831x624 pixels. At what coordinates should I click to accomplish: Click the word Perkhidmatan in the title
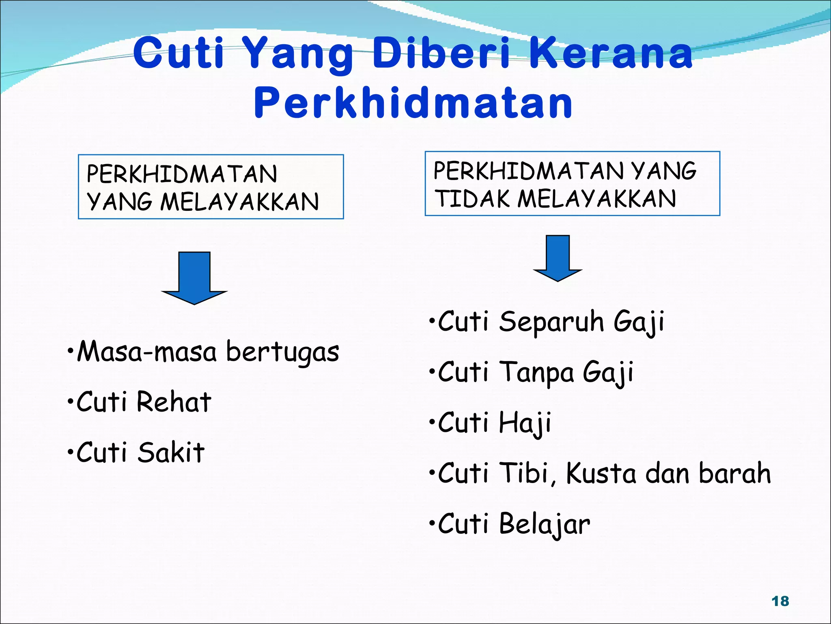pyautogui.click(x=413, y=104)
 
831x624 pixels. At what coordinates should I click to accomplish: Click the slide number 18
pyautogui.click(x=780, y=601)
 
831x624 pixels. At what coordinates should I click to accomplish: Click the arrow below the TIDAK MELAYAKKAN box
pyautogui.click(x=558, y=258)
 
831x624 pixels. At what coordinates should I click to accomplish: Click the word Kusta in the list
pyautogui.click(x=601, y=474)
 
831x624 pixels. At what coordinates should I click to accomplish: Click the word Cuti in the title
pyautogui.click(x=179, y=53)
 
